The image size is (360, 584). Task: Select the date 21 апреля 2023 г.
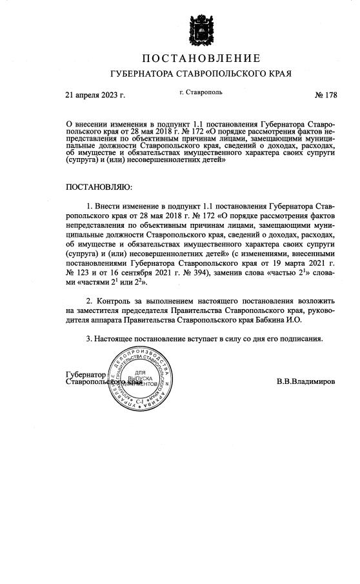point(95,96)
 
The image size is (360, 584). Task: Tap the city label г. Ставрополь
point(201,92)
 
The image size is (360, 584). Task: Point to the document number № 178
point(326,96)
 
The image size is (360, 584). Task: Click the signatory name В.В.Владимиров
point(306,381)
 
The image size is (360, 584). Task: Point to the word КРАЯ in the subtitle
point(277,74)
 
